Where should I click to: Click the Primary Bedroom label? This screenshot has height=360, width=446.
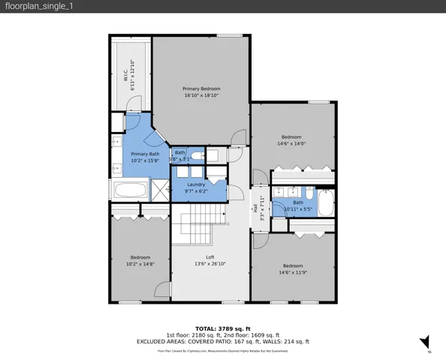coord(201,88)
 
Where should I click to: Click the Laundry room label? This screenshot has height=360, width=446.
coord(197,184)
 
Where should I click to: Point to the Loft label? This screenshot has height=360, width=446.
coord(210,257)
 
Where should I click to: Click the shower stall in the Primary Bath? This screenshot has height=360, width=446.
coord(161,190)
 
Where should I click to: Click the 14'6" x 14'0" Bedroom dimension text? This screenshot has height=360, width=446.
coord(291,143)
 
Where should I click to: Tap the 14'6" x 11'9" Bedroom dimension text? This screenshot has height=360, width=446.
coord(291,272)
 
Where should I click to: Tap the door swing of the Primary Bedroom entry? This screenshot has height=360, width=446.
coord(238,138)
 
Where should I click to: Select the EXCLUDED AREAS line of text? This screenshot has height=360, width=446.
coord(222,341)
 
